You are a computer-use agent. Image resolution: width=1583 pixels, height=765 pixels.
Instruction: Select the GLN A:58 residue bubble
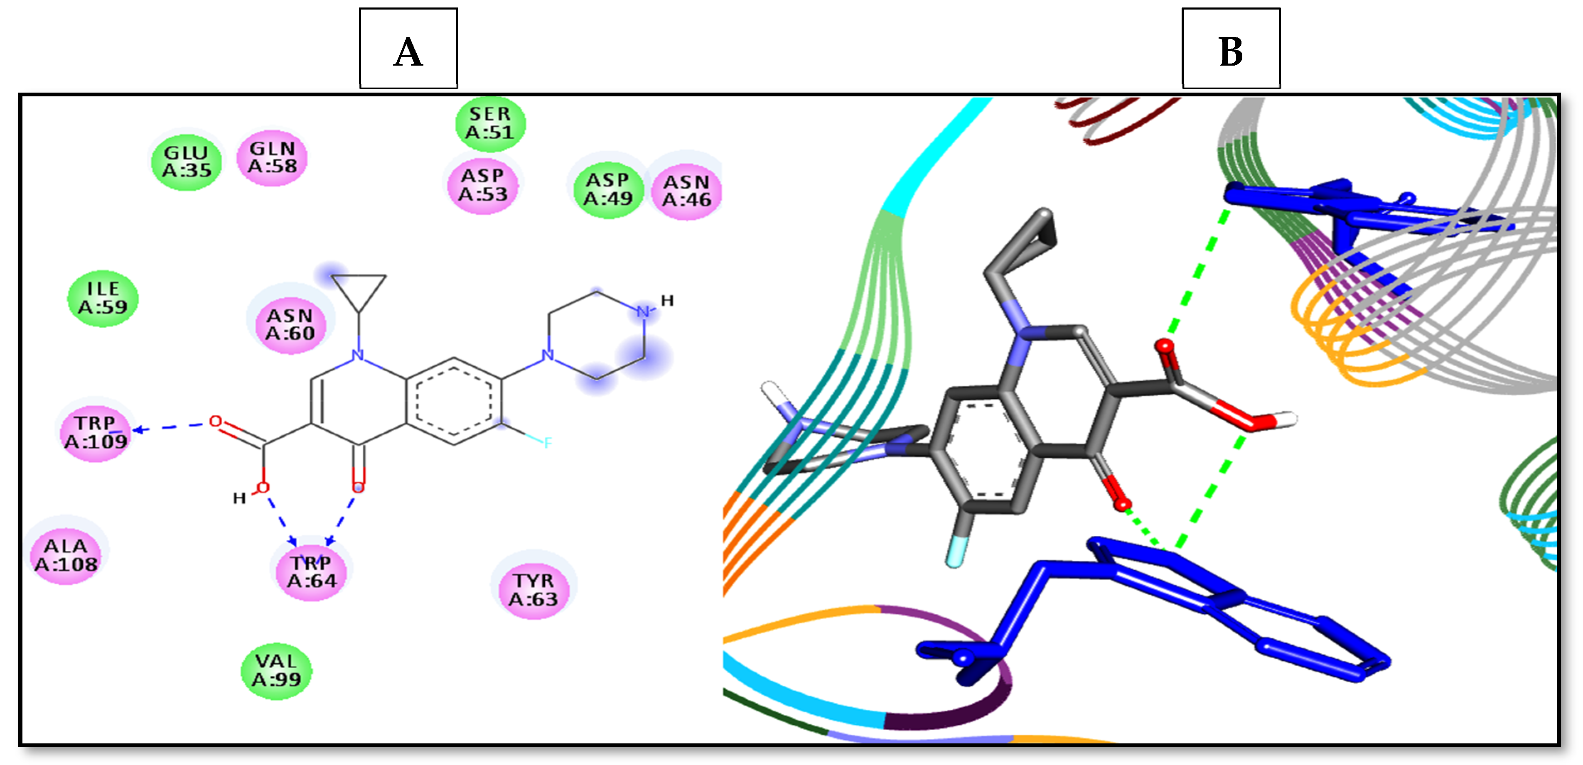(272, 158)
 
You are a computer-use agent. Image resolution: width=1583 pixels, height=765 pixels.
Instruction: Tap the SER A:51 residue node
(490, 123)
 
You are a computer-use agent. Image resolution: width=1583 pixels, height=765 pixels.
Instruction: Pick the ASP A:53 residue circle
(483, 185)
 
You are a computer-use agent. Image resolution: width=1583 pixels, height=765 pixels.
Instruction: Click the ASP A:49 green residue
(608, 189)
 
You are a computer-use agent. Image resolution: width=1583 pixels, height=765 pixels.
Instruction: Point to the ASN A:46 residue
(686, 191)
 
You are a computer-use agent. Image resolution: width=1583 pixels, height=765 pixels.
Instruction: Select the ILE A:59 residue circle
(103, 298)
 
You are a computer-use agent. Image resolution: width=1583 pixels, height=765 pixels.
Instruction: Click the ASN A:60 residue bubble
(290, 324)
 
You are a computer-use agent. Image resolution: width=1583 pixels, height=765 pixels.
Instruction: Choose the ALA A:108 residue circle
(66, 555)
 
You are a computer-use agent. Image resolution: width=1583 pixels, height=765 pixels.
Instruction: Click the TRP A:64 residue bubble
(312, 572)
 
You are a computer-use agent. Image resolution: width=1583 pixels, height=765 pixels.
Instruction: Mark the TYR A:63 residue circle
(533, 590)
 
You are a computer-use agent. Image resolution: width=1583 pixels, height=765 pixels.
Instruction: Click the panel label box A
(408, 49)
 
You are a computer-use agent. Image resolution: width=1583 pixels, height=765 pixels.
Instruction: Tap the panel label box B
(1231, 49)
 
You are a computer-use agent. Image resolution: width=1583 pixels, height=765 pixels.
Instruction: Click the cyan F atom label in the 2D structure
(548, 442)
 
